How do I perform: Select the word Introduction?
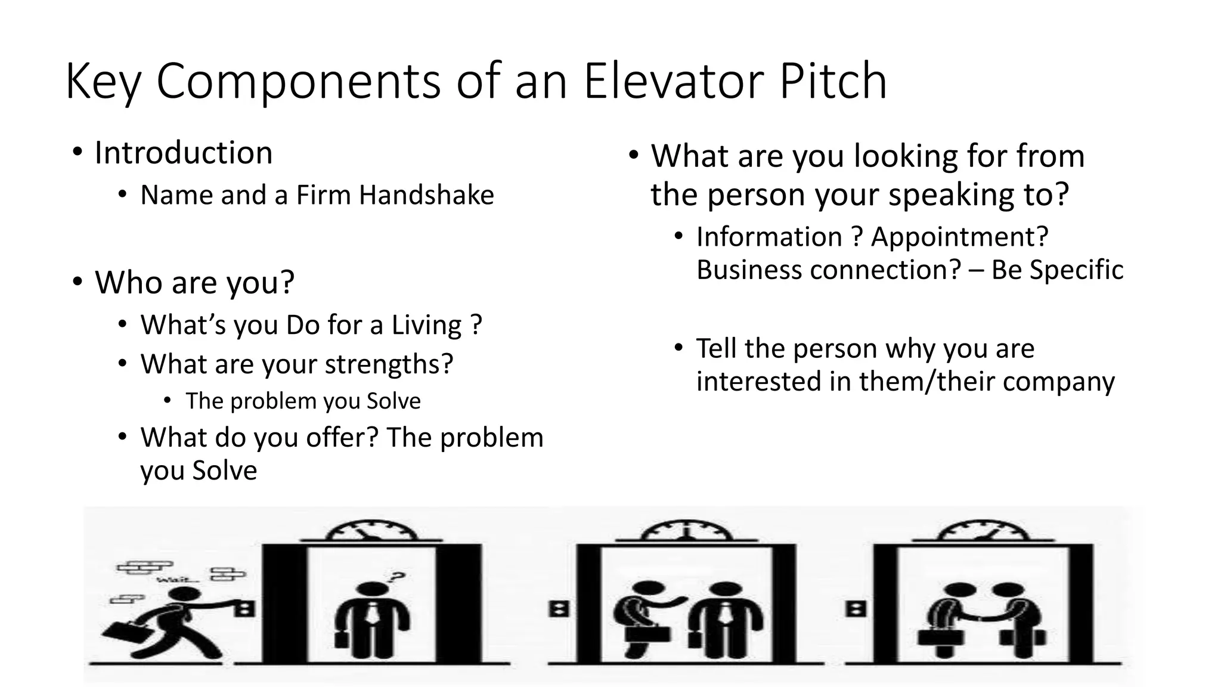(184, 153)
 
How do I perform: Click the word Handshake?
(426, 195)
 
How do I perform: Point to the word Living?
(426, 326)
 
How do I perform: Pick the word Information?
(769, 237)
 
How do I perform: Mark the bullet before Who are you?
(77, 281)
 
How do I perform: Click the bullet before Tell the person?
(678, 348)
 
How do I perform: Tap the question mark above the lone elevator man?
(396, 577)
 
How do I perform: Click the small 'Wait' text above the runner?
(171, 580)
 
